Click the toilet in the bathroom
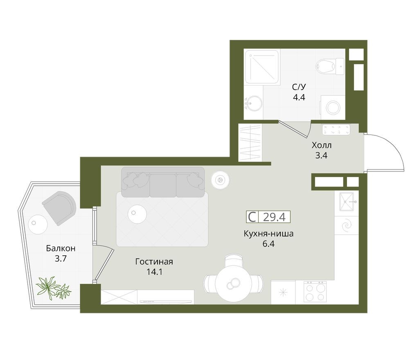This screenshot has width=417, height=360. click(x=327, y=66)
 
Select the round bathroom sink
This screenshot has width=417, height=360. click(x=253, y=103)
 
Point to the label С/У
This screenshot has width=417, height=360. click(x=299, y=87)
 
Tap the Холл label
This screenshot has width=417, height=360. click(x=322, y=145)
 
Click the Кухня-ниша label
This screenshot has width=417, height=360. click(x=268, y=234)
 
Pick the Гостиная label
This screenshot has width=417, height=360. click(x=154, y=262)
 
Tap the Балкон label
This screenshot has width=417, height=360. click(x=61, y=248)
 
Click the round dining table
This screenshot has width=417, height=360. click(x=233, y=282)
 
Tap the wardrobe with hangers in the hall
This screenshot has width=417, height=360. click(x=250, y=142)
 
